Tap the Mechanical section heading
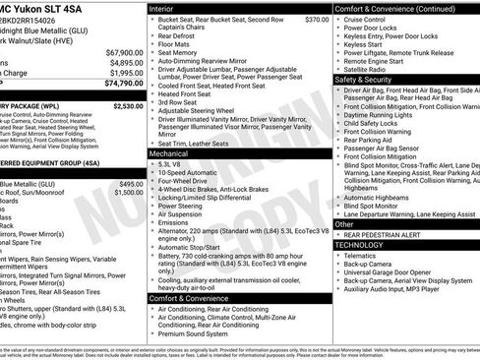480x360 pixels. coord(169,153)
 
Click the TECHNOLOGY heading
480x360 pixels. coord(370,242)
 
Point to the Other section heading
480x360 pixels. coord(344,224)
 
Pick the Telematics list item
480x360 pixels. coord(364,254)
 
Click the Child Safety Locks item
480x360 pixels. coord(375,124)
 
